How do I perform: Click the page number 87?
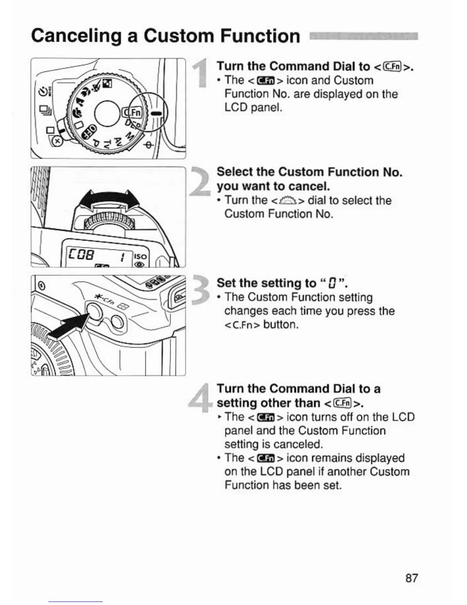coord(411,578)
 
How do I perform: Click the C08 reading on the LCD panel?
coord(81,254)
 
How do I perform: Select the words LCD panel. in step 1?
coord(253,108)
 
